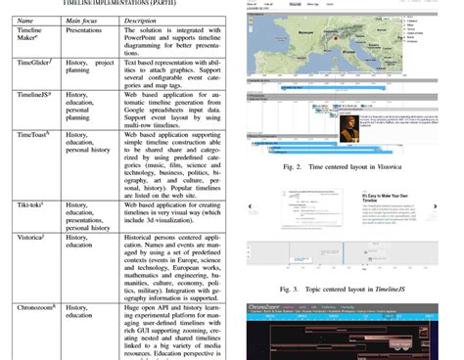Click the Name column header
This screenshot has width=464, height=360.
pos(25,19)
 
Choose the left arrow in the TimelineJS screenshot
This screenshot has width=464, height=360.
pos(253,207)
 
